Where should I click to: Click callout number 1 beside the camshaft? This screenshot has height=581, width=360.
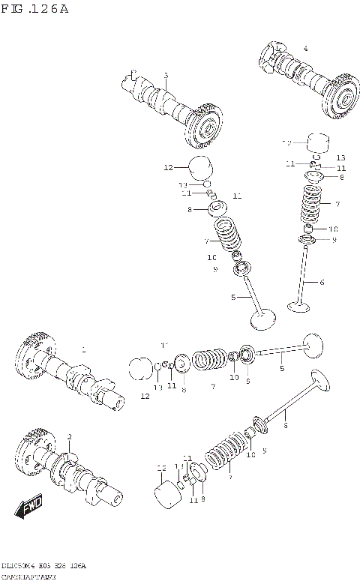click(x=83, y=349)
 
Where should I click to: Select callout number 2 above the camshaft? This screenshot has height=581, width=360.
click(x=69, y=437)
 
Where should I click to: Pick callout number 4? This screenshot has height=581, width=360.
click(x=305, y=49)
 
